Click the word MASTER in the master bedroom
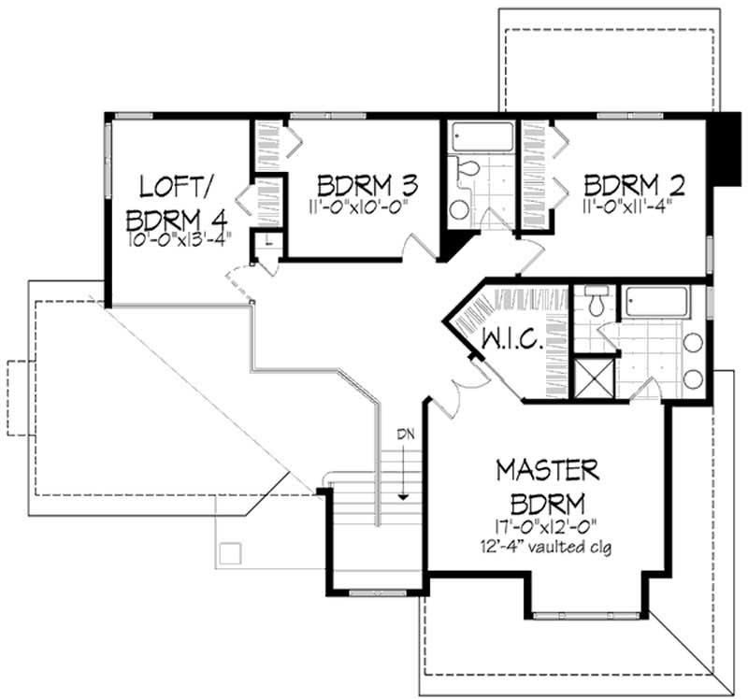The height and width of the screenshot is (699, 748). (548, 467)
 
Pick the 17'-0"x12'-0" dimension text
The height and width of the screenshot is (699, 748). (548, 527)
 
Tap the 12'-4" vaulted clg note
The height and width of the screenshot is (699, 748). (548, 548)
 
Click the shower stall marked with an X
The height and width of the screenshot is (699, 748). (593, 377)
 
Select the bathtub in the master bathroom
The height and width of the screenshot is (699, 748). (656, 302)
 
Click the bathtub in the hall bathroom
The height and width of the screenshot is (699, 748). (482, 137)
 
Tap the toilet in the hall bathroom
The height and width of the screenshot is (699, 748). (467, 169)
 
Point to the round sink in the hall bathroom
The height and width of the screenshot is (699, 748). (459, 208)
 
